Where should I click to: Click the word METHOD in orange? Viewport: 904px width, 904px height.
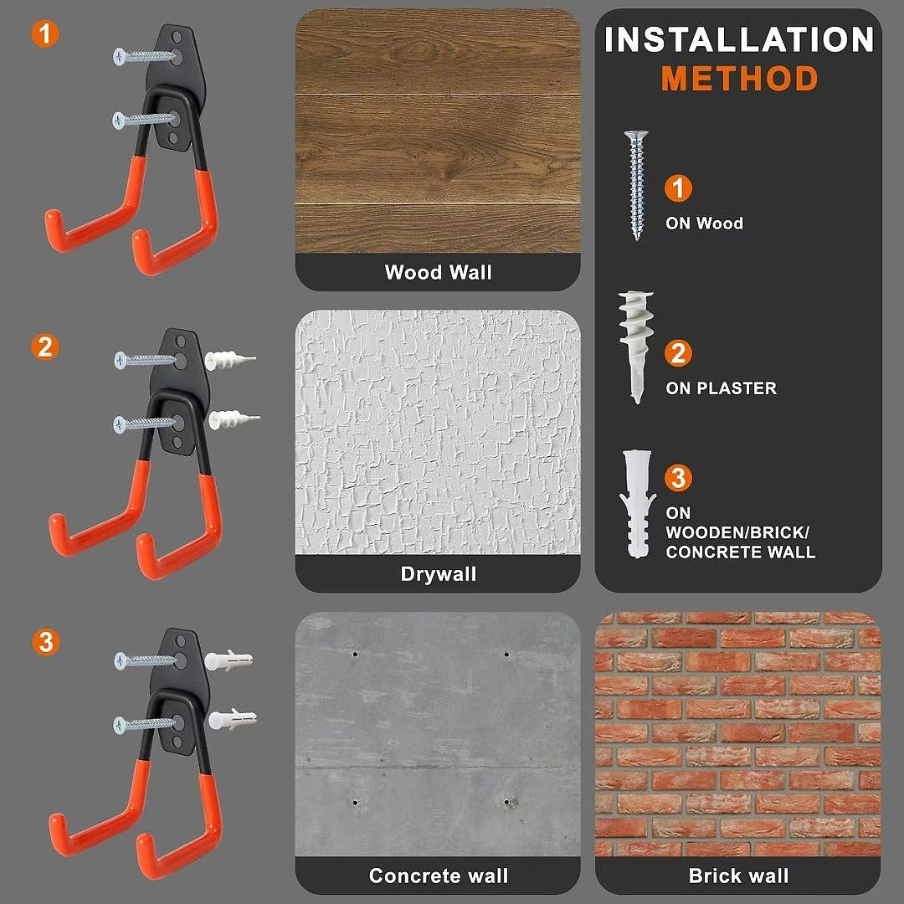[739, 79]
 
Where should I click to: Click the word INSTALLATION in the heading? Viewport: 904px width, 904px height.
[739, 39]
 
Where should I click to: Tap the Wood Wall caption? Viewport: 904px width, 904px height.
[438, 272]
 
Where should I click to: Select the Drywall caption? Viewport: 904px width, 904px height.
[438, 574]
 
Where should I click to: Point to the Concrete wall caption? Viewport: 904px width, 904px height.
[438, 876]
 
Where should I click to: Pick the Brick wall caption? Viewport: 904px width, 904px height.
[738, 876]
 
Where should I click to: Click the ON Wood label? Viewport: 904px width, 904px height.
[704, 223]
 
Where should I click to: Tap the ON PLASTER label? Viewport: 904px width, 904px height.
[721, 388]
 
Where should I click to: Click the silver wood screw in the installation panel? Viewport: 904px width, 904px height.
[636, 184]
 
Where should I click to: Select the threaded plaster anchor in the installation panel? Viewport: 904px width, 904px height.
[636, 347]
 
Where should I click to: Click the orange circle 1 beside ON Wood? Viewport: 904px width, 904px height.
[678, 188]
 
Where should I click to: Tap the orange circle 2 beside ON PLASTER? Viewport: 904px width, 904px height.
[678, 353]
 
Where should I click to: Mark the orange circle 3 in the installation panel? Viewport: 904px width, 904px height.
[678, 477]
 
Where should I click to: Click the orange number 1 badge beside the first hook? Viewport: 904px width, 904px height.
[45, 33]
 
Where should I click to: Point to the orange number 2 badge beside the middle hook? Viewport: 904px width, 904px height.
[45, 347]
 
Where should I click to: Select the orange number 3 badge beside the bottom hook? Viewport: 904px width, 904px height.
[45, 642]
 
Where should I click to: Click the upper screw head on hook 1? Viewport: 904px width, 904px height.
[120, 57]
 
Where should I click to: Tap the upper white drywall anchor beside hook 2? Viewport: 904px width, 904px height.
[229, 360]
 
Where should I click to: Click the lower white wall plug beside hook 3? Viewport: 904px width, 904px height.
[232, 719]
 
